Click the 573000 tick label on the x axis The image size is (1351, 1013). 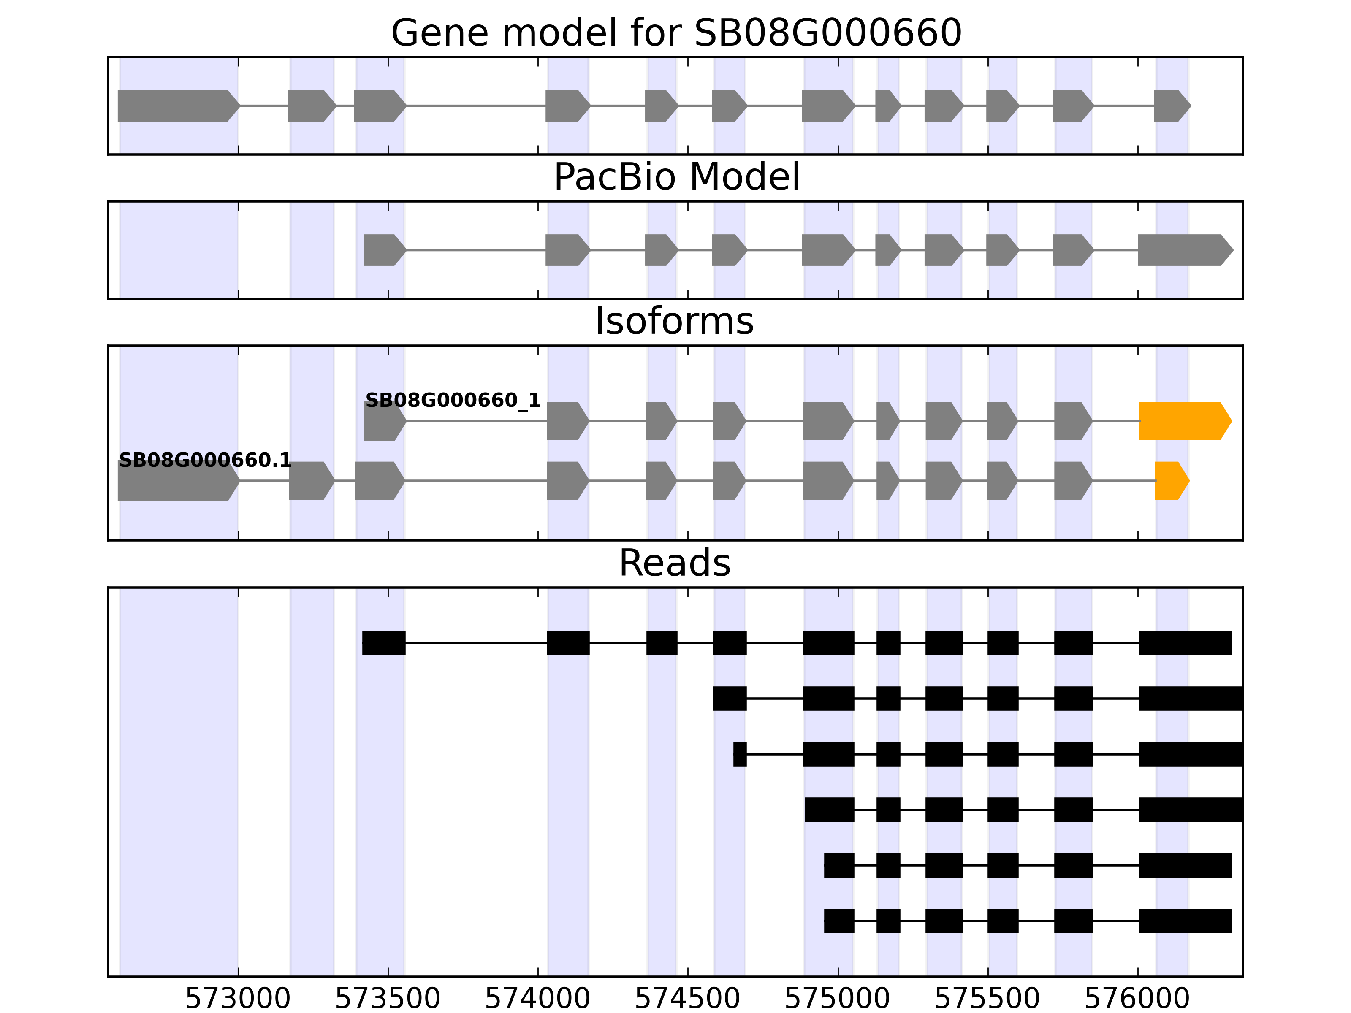[238, 999]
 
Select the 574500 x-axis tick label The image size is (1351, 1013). [688, 999]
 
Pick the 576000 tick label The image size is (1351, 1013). [1137, 999]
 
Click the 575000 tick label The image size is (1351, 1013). [837, 999]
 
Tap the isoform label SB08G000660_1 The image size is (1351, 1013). [453, 401]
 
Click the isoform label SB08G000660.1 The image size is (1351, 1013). [205, 460]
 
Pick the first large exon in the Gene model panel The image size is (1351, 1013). [177, 106]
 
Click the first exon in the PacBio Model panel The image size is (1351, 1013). [383, 250]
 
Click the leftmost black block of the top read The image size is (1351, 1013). [383, 642]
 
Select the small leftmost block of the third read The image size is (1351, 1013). [740, 754]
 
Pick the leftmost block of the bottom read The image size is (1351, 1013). [838, 921]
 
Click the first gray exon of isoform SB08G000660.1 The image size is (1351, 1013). [177, 481]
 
